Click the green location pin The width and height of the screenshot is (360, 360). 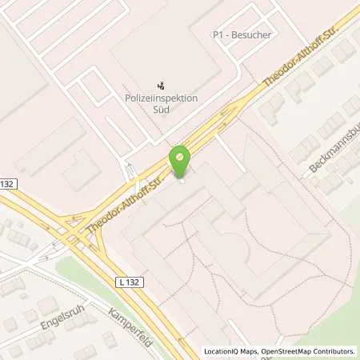(x=180, y=160)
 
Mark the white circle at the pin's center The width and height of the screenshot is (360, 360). (x=180, y=155)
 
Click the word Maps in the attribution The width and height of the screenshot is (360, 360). (x=247, y=351)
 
